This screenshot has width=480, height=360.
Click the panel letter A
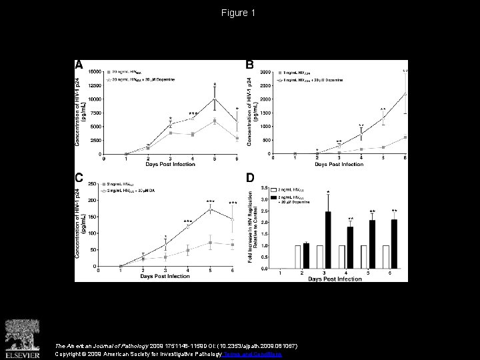click(79, 65)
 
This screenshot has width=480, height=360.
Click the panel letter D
click(250, 177)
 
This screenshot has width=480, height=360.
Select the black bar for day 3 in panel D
click(328, 240)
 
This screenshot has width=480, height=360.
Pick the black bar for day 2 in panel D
click(307, 256)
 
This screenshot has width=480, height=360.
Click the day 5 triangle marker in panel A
click(214, 99)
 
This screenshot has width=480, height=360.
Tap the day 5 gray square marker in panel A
click(214, 121)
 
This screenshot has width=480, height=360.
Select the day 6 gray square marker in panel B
click(405, 137)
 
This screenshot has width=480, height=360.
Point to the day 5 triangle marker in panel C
click(210, 209)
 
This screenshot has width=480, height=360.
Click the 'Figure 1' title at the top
click(240, 13)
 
